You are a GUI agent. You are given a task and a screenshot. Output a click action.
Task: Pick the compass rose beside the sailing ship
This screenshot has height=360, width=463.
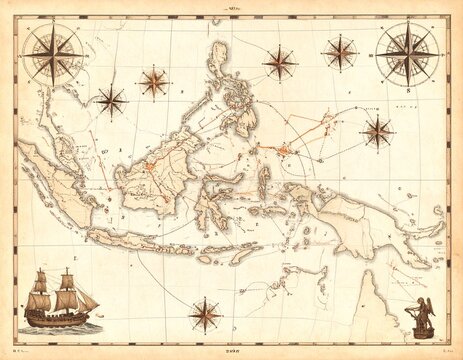tap(205, 315)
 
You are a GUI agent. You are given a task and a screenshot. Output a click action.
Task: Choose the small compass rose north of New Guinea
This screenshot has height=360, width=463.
tap(377, 129)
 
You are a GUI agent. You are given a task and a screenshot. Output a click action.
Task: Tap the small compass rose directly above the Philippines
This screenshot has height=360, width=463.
tap(280, 62)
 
